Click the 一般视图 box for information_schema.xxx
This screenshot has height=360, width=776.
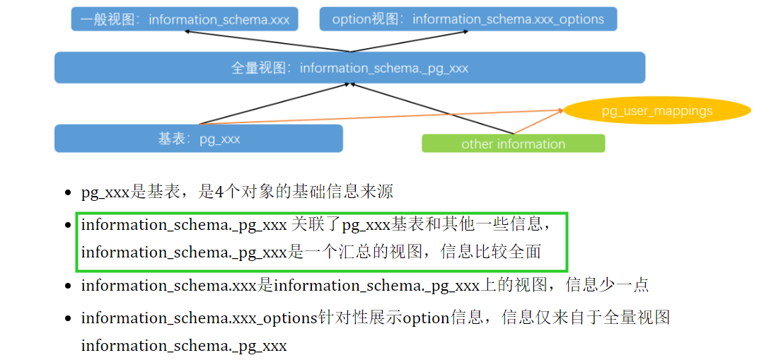coord(184,19)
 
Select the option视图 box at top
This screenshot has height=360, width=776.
coord(468,19)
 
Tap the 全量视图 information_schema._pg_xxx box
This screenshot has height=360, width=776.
coord(349,68)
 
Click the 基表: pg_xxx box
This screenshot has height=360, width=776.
coord(199,139)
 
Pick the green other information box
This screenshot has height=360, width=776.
coord(513,144)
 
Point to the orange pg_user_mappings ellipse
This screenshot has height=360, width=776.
coord(656,111)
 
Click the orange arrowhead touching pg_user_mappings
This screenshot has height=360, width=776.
coord(560,110)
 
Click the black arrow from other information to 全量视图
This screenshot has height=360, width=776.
coord(432,108)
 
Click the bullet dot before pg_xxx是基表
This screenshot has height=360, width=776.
coord(68,192)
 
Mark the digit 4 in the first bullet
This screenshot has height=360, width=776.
coord(219,192)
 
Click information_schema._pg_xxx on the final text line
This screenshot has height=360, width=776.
coord(184,346)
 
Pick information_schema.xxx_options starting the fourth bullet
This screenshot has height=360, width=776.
coord(199,318)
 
